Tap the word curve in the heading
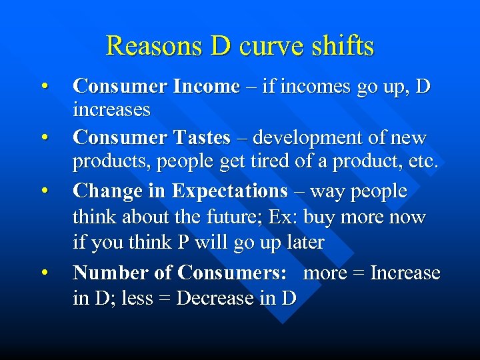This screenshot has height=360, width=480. click(x=269, y=46)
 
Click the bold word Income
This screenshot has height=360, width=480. click(x=206, y=86)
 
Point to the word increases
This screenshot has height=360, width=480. click(x=111, y=109)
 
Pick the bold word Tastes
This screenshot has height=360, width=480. click(x=201, y=138)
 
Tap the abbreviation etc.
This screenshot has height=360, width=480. click(x=423, y=161)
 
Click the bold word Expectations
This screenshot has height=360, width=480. click(x=229, y=191)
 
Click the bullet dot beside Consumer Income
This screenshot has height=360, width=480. click(x=44, y=87)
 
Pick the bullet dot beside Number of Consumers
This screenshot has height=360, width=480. click(x=44, y=273)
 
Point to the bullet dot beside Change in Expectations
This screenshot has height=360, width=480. click(x=44, y=192)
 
